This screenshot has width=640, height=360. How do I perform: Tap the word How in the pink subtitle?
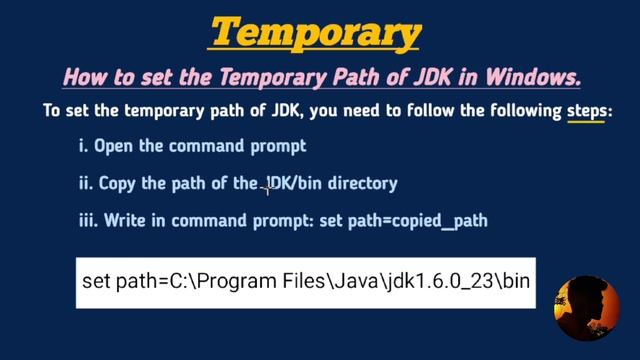pyautogui.click(x=82, y=76)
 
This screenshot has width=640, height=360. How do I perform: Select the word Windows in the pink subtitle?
pyautogui.click(x=532, y=76)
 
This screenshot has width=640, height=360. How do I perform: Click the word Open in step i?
pyautogui.click(x=114, y=146)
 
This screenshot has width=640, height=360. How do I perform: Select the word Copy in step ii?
pyautogui.click(x=121, y=183)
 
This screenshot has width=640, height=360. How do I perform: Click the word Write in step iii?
pyautogui.click(x=125, y=220)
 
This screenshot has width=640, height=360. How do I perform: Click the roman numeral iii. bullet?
pyautogui.click(x=87, y=220)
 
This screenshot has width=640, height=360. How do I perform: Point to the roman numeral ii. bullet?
pyautogui.click(x=85, y=183)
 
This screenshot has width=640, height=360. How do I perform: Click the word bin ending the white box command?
pyautogui.click(x=515, y=282)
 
